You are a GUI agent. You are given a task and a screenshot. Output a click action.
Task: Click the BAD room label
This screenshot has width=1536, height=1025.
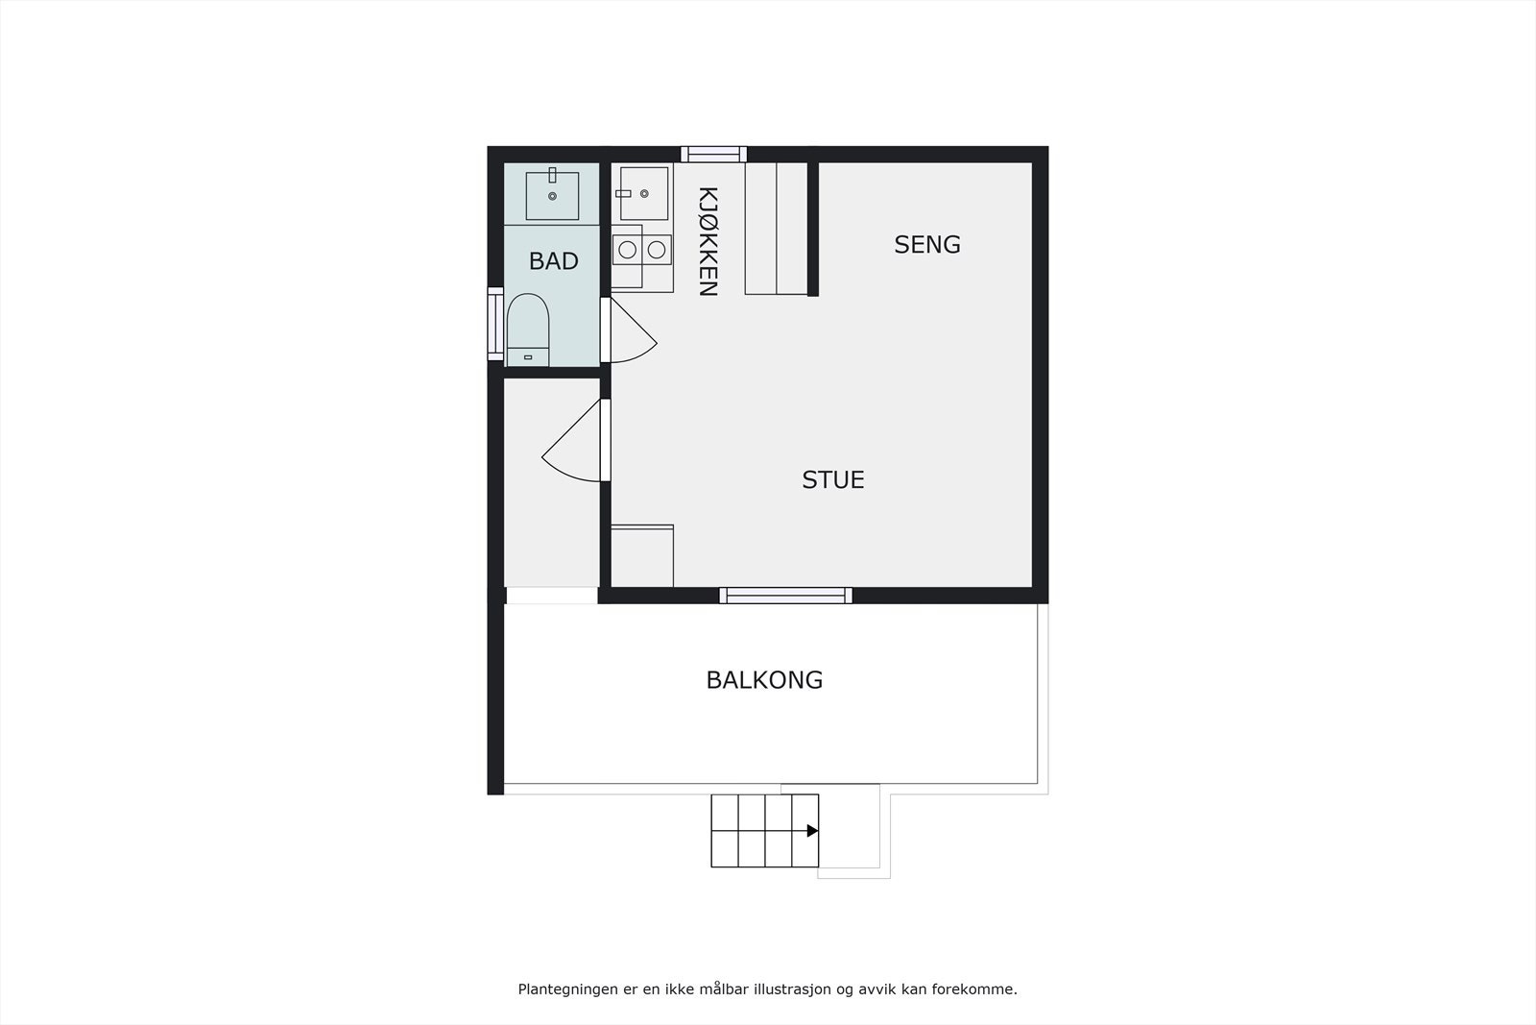pos(554,260)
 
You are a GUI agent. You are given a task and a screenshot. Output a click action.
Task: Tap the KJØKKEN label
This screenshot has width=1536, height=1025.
pos(708,241)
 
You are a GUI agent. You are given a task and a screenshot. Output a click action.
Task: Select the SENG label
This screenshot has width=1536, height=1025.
pos(927,245)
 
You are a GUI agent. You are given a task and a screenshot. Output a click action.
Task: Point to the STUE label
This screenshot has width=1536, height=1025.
pos(833,479)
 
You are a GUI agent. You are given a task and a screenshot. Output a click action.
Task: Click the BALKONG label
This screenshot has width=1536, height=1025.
pos(764,680)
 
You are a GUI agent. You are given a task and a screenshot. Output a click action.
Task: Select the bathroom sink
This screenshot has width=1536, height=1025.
pos(552,195)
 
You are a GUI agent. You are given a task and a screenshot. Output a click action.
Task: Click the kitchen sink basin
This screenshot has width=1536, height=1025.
pos(643,193)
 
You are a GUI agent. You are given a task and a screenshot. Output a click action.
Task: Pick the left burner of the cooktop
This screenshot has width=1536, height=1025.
pos(627,250)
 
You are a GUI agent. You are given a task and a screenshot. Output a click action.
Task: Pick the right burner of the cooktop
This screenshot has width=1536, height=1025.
pos(657,250)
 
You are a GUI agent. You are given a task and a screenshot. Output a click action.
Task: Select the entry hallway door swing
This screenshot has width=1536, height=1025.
pos(575,444)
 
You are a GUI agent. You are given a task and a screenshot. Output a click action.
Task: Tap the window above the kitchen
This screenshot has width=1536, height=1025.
pos(713,154)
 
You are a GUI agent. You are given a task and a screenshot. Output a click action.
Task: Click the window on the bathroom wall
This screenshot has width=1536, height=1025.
pos(495,324)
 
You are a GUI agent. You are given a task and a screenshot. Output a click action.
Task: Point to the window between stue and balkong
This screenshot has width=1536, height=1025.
pos(785,596)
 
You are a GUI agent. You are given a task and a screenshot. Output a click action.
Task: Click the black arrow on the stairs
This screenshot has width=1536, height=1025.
pos(812,831)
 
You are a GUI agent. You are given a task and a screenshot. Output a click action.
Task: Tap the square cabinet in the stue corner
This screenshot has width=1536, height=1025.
pos(642,555)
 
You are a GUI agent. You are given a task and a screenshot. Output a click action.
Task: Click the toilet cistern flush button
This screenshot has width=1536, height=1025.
pos(528,357)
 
